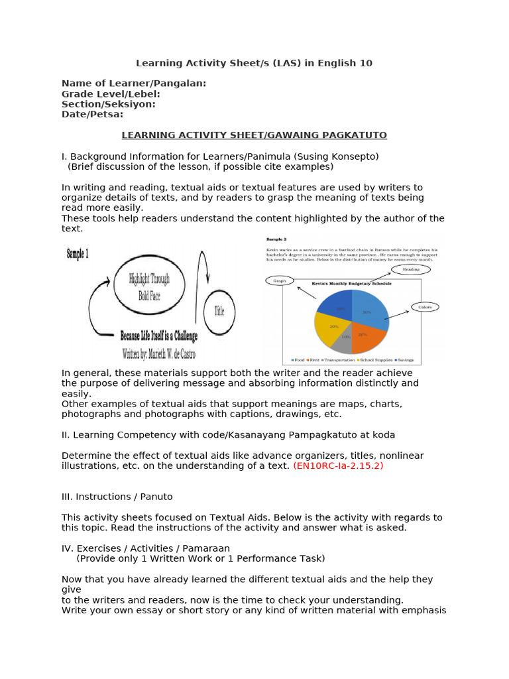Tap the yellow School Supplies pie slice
tap(329, 327)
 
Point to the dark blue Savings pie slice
tap(337, 304)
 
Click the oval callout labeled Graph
tap(280, 280)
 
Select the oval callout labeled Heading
tap(411, 269)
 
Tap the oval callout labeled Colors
tap(425, 306)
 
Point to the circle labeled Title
tap(219, 310)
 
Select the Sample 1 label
tap(78, 253)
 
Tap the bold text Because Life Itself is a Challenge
tap(159, 336)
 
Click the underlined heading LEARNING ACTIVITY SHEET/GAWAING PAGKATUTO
tap(254, 135)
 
